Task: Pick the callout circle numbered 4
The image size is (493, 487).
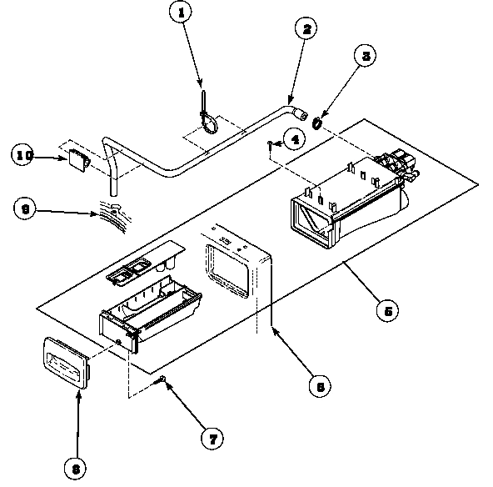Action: pos(291,139)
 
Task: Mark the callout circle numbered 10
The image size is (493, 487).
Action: pos(24,153)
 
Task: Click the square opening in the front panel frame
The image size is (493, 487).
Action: pos(227,269)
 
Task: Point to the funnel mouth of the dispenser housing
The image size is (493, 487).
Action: pos(313,218)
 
